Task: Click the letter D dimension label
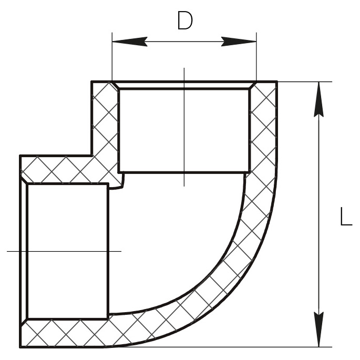click(185, 20)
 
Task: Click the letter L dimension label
click(346, 216)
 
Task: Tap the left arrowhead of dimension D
click(130, 42)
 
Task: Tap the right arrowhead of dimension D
click(239, 42)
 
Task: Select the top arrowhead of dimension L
click(318, 99)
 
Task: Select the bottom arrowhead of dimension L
click(318, 329)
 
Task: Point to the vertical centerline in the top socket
click(184, 127)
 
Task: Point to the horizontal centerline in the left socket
click(64, 251)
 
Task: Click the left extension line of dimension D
click(112, 57)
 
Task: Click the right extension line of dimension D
click(256, 57)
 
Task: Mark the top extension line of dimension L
click(305, 81)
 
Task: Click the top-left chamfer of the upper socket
click(116, 85)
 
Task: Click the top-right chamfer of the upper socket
click(253, 85)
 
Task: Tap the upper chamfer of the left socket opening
click(24, 180)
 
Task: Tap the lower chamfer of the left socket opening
click(24, 323)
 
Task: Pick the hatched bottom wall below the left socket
click(64, 333)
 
